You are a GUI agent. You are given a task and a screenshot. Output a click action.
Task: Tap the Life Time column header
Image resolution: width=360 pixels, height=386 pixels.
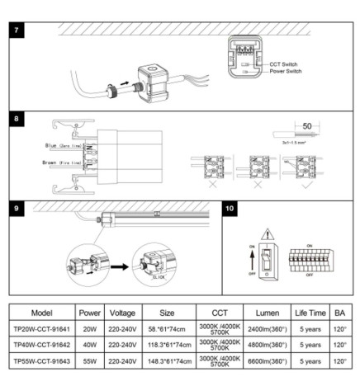(x=310, y=313)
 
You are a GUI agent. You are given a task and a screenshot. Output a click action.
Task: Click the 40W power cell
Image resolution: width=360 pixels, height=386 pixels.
(x=89, y=345)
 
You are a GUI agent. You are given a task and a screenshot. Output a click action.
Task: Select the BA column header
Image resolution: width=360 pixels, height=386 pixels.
(x=340, y=313)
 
